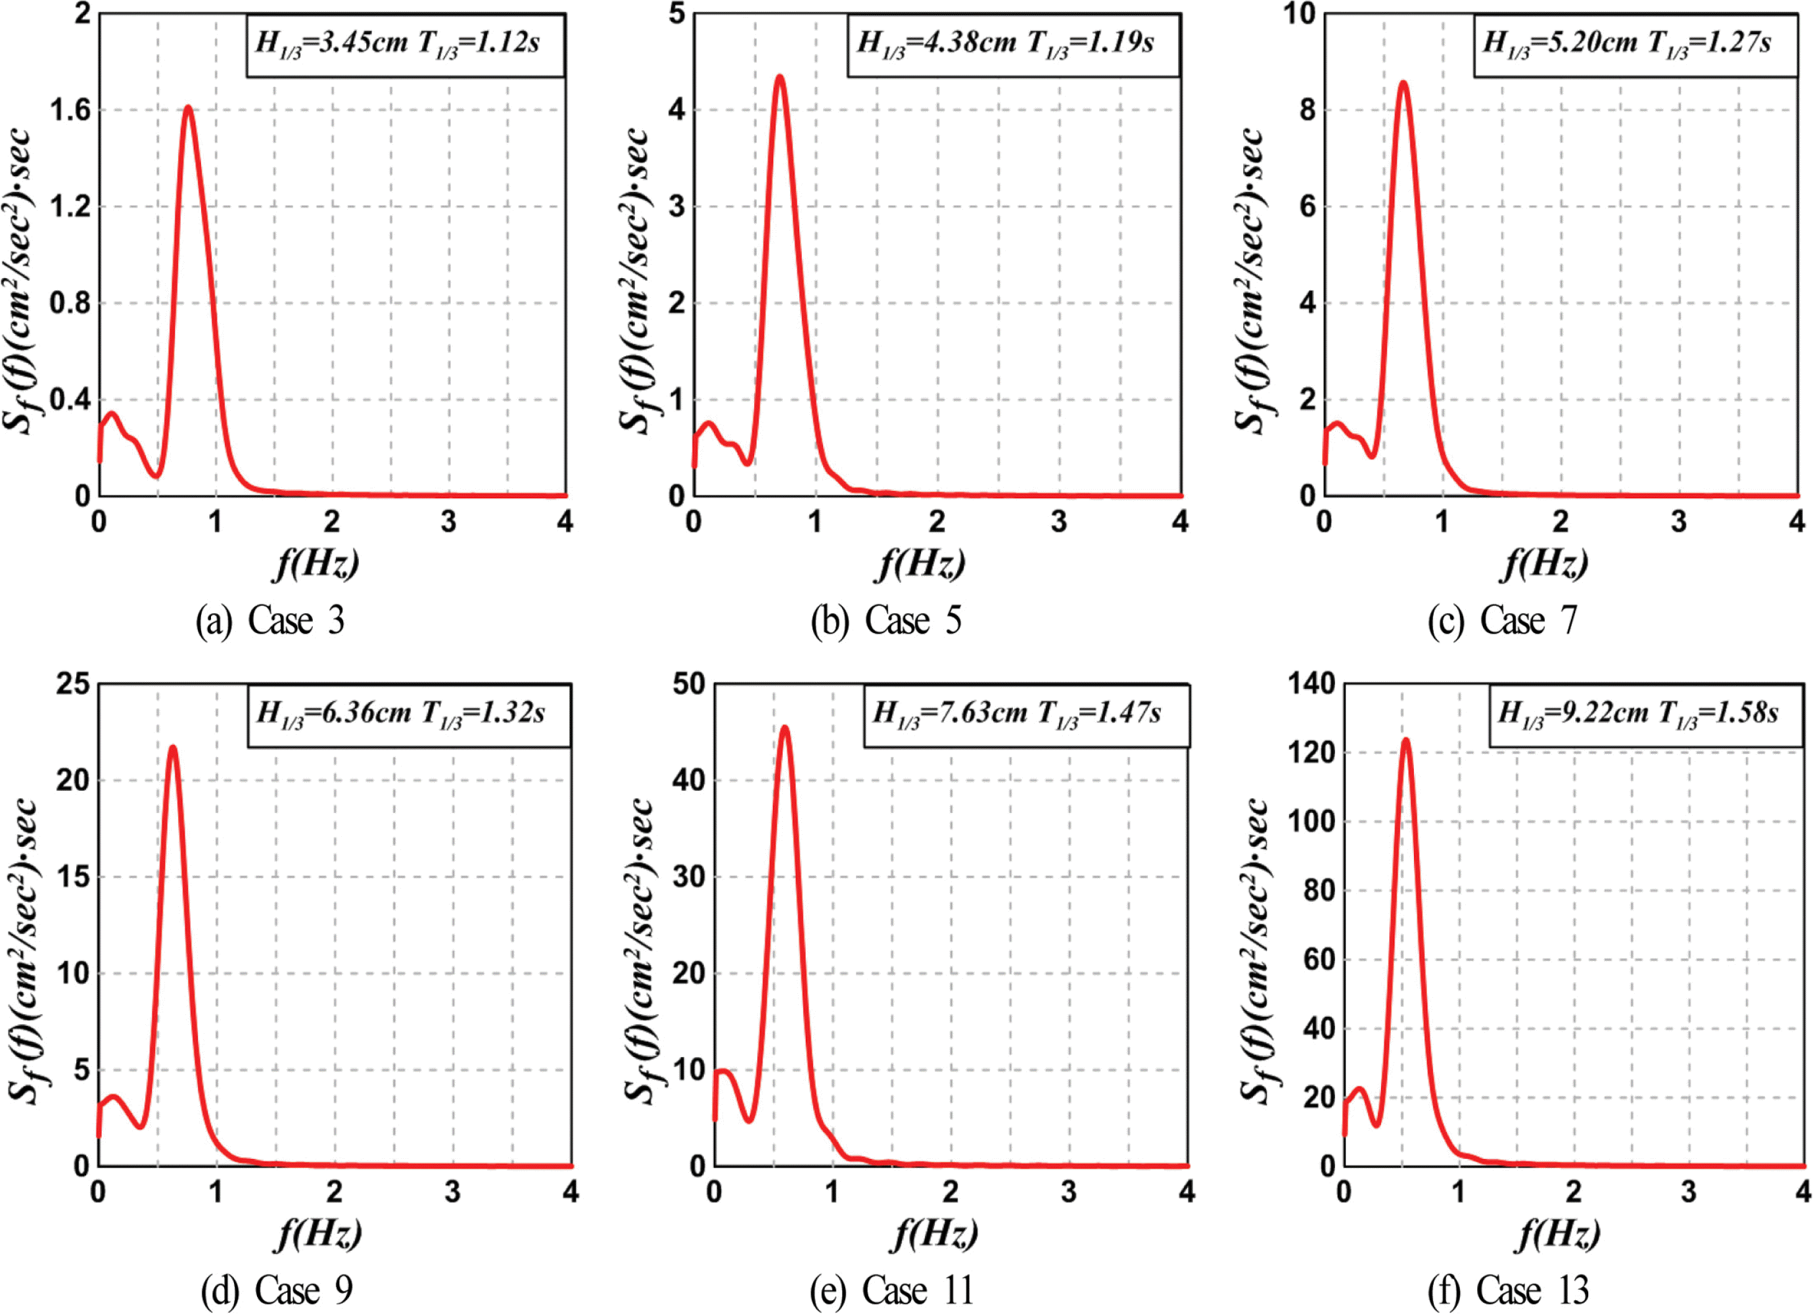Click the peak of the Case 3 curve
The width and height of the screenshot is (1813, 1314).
pyautogui.click(x=188, y=107)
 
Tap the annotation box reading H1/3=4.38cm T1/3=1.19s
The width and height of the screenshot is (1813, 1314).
pyautogui.click(x=1013, y=45)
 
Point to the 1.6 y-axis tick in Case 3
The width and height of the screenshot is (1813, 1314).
pyautogui.click(x=70, y=110)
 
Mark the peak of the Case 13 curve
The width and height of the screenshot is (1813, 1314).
pyautogui.click(x=1405, y=740)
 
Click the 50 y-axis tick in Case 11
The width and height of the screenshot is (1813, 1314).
pyautogui.click(x=688, y=684)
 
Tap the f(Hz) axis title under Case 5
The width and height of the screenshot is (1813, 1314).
pyautogui.click(x=922, y=564)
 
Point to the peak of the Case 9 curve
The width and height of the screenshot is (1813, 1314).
pyautogui.click(x=172, y=748)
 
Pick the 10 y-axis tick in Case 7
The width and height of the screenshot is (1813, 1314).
pyautogui.click(x=1299, y=14)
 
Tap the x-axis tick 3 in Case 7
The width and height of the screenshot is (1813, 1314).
pyautogui.click(x=1679, y=522)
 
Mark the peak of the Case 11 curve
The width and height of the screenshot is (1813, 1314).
pyautogui.click(x=785, y=728)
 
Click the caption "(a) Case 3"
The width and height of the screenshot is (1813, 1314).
pyautogui.click(x=270, y=621)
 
